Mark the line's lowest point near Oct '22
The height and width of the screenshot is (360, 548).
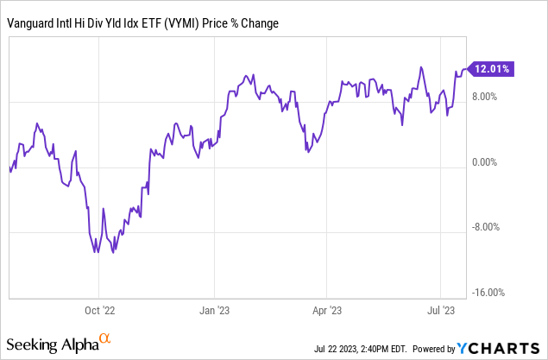[98, 253]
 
